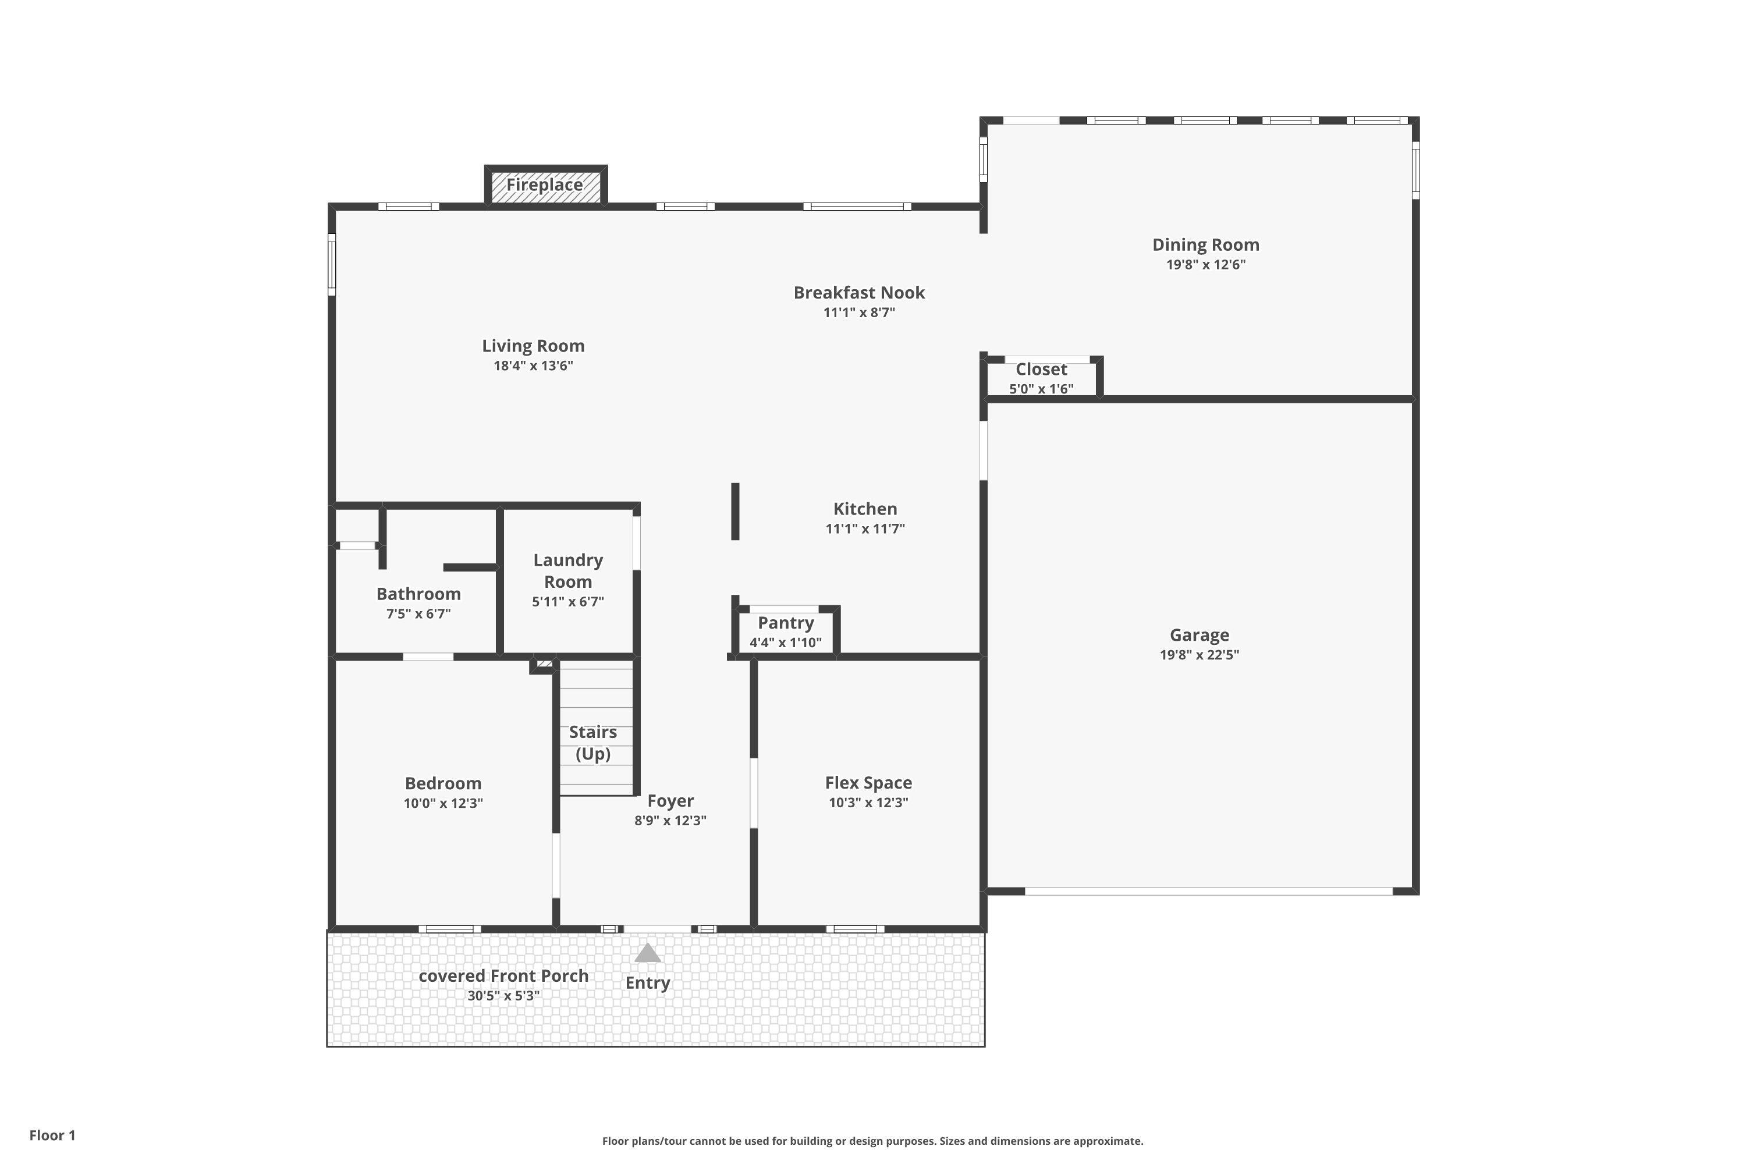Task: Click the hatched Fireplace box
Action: pos(546,185)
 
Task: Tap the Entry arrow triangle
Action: pos(647,953)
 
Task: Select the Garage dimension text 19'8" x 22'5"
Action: pos(1199,655)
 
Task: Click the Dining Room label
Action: pos(1205,244)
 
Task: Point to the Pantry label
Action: pos(785,623)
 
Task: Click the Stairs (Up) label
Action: pos(592,743)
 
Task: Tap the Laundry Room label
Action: pos(568,570)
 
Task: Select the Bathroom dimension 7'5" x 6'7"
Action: pos(418,614)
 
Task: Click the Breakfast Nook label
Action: pos(859,293)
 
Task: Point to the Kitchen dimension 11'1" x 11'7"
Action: pos(865,528)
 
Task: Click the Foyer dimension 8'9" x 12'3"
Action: pos(670,820)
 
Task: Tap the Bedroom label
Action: pos(442,783)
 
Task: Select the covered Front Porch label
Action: pos(503,976)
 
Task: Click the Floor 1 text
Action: pos(52,1135)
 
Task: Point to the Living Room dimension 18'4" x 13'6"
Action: pos(533,365)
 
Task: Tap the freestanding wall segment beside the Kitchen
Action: pos(735,511)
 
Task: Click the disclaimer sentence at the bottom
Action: pos(872,1141)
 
